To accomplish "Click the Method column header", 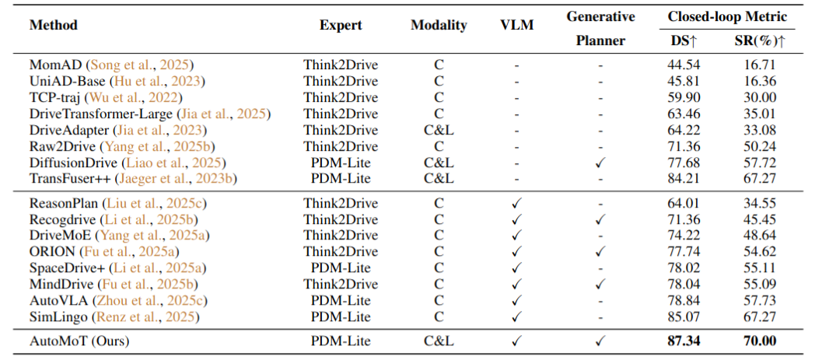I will (54, 25).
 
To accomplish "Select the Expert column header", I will (341, 25).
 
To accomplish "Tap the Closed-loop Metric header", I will (727, 16).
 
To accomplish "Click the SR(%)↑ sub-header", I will (758, 40).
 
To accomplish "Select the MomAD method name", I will (56, 64).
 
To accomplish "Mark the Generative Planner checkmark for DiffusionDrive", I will (600, 162).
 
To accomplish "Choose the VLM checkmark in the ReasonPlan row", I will (516, 203).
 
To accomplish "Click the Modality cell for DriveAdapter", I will (439, 129).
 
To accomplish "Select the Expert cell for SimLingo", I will (341, 316).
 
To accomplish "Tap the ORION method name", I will (51, 252).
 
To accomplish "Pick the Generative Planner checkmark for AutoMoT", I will (600, 340).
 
